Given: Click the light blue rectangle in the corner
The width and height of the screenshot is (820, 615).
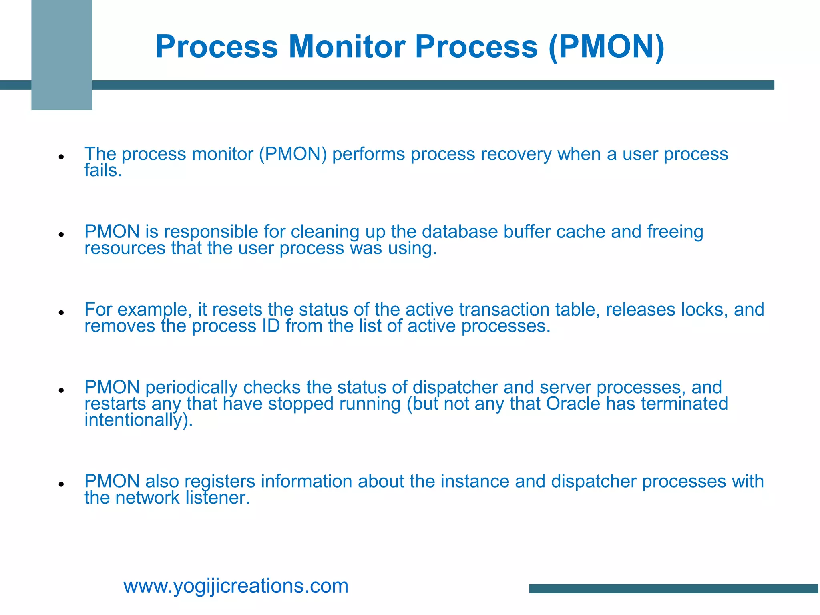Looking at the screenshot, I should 62,55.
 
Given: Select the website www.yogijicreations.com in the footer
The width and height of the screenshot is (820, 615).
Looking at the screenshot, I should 236,586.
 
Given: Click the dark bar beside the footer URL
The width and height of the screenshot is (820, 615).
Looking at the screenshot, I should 674,589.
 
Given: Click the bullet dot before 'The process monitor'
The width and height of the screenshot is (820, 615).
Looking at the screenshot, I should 61,157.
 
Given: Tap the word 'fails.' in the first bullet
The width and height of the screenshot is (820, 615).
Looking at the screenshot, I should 103,171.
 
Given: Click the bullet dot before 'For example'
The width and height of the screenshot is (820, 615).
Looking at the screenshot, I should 61,312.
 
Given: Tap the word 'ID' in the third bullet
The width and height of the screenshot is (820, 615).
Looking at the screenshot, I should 271,326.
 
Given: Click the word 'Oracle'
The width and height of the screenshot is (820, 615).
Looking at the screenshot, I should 573,404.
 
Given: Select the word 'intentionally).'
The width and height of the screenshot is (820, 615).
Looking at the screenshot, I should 139,420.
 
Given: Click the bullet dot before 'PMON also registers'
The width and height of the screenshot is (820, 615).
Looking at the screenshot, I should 61,484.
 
